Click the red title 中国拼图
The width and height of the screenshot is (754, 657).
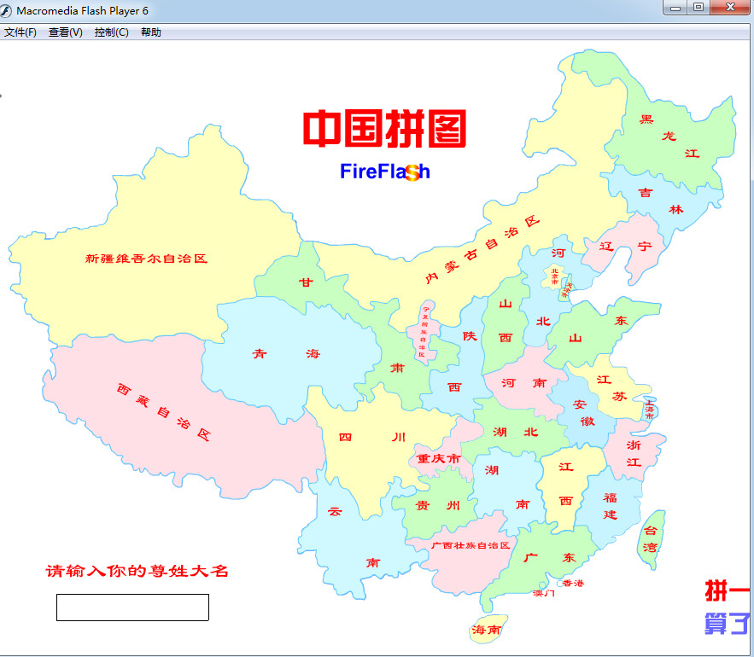384,129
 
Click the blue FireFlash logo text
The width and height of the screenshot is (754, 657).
384,172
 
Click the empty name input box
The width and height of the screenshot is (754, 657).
132,607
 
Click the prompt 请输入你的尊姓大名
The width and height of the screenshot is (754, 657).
137,571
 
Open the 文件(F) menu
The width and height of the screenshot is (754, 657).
20,32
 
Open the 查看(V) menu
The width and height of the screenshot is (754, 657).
65,32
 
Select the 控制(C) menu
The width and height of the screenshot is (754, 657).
111,32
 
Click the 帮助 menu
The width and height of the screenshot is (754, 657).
150,32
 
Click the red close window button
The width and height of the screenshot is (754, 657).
728,8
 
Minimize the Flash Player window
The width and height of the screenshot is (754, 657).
676,8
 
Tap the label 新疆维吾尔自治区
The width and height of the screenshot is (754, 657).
146,259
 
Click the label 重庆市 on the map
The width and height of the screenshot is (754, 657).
438,459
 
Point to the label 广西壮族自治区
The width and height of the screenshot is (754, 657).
471,545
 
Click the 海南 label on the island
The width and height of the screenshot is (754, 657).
487,631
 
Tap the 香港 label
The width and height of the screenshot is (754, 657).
574,583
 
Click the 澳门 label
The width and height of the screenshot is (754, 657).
544,592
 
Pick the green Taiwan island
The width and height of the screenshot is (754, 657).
652,539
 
